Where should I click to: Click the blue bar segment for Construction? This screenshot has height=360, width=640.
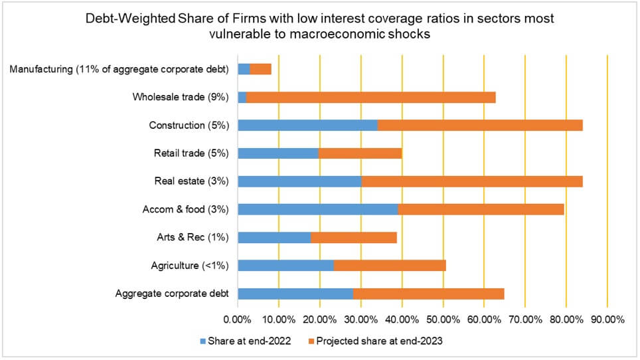pyautogui.click(x=307, y=125)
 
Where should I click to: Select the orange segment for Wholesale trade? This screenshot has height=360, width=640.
pyautogui.click(x=370, y=97)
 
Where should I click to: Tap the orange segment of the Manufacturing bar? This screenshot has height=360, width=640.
pyautogui.click(x=260, y=68)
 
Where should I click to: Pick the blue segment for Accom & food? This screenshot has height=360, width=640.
pyautogui.click(x=317, y=209)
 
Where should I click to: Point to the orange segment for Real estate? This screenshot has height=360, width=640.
pyautogui.click(x=471, y=181)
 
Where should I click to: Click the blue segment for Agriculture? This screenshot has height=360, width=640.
pyautogui.click(x=285, y=266)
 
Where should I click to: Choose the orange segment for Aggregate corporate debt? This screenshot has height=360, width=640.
pyautogui.click(x=428, y=294)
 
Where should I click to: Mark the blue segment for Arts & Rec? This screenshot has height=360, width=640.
pyautogui.click(x=274, y=237)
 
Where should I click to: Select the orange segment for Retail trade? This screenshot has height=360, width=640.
pyautogui.click(x=360, y=153)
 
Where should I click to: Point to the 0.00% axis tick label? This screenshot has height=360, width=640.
pyautogui.click(x=238, y=319)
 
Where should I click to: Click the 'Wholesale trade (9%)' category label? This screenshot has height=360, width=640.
pyautogui.click(x=181, y=97)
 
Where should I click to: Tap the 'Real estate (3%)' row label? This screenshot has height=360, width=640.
pyautogui.click(x=191, y=181)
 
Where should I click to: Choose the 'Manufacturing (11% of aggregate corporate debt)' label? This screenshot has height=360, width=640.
pyautogui.click(x=120, y=68)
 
